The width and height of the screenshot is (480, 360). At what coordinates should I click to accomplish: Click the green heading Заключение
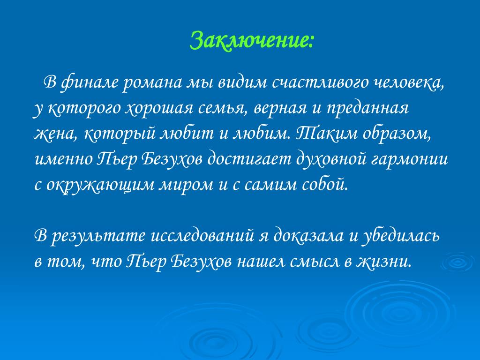coord(252,41)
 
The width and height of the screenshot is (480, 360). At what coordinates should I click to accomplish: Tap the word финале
coord(90,83)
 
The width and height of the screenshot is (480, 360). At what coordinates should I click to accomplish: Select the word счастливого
coord(320,83)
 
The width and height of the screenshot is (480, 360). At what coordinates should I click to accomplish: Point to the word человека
coord(409,83)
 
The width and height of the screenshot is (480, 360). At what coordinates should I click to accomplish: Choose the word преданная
coord(367,108)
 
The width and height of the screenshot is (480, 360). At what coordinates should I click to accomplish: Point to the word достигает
coord(248,159)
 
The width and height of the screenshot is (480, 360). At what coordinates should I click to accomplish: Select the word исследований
coord(202,236)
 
